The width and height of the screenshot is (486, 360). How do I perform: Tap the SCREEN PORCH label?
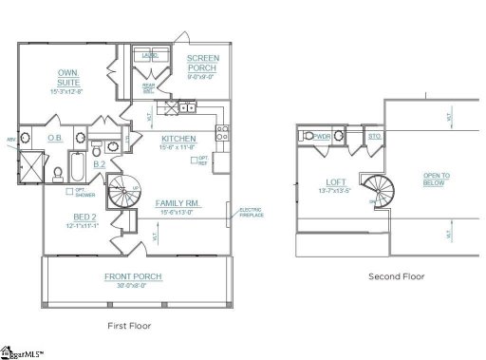[x=201, y=63]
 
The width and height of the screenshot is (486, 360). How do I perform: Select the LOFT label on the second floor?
[x=336, y=182]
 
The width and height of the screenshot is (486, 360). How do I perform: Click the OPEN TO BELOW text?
[x=437, y=181]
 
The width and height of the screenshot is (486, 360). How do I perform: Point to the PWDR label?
[x=322, y=137]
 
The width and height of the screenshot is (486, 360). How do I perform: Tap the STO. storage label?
[x=374, y=137]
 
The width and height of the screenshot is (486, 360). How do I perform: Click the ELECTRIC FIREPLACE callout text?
[x=251, y=213]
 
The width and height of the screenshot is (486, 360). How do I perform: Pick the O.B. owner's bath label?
[x=55, y=138]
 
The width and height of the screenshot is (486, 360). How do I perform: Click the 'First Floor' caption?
[x=129, y=325]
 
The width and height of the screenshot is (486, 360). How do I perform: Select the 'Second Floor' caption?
[x=397, y=276]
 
